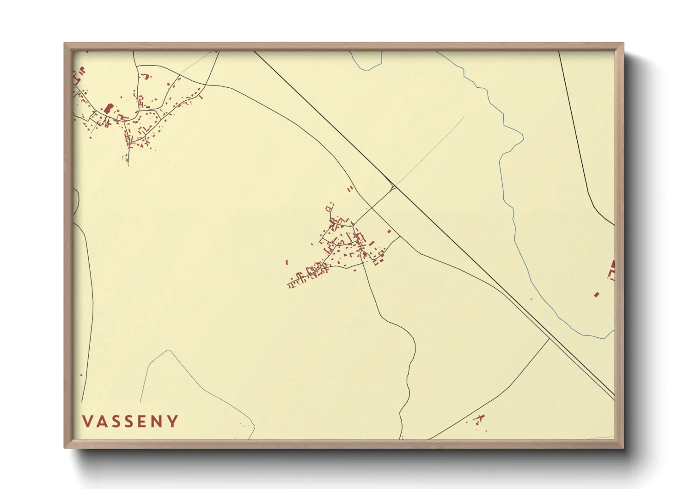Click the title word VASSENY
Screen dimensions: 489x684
point(130,421)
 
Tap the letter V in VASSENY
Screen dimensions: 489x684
point(87,421)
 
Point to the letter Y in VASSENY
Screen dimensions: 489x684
point(173,421)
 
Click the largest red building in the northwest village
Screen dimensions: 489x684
point(109,109)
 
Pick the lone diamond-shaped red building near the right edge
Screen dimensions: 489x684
point(596,294)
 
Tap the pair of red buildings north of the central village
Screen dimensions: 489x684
point(350,189)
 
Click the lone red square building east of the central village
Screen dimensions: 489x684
point(389,231)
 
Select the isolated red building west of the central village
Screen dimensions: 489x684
point(287,263)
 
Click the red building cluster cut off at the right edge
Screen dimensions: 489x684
point(612,270)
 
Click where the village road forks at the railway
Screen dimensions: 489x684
point(393,187)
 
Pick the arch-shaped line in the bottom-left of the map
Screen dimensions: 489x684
point(169,352)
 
